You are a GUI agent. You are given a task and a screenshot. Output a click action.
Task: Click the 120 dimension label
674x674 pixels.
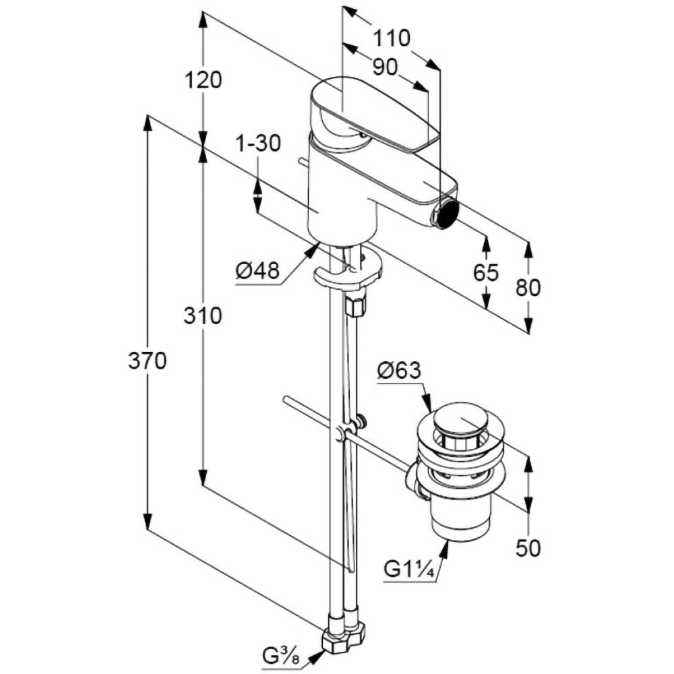coord(203,80)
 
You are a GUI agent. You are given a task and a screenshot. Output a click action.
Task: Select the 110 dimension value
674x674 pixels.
coord(392,38)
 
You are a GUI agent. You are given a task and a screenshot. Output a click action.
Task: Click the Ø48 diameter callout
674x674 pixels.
coord(257,272)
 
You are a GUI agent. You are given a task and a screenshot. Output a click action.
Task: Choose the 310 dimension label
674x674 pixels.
coord(203,315)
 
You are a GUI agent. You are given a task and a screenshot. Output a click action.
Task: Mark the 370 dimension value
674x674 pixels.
coord(147,361)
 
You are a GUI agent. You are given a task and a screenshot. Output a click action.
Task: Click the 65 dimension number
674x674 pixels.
coord(485,273)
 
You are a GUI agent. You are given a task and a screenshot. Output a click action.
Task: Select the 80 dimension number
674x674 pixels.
coord(528,288)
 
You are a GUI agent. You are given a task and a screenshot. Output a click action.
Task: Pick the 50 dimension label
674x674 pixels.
coord(528,549)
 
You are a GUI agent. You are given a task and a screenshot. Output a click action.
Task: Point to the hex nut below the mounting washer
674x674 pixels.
coord(355,305)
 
